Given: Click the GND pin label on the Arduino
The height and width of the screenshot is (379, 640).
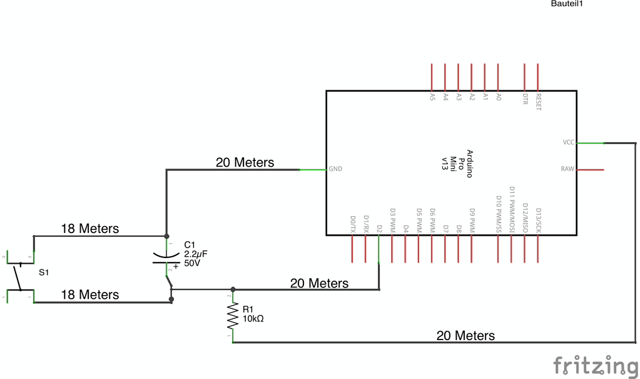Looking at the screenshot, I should point(336,169).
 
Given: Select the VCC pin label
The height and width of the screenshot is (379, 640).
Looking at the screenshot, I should point(567,143).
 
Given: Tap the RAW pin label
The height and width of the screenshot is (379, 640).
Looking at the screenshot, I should point(567,169).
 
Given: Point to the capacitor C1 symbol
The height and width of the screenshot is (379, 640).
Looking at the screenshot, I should point(167,257).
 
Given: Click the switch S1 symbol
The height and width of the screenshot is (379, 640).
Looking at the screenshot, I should point(19,276).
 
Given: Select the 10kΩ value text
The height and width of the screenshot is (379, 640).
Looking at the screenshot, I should point(253,318).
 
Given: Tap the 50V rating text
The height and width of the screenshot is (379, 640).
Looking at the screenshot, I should point(192,264).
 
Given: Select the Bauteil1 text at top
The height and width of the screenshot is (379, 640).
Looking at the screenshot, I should point(567,4).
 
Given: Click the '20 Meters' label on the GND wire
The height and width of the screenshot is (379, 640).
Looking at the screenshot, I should point(245,163).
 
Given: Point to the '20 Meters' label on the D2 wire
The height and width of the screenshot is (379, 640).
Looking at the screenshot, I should point(319,284).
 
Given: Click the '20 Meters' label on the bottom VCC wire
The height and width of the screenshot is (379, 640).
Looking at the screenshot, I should point(465,336).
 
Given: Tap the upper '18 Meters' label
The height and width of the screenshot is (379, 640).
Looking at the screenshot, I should point(89,229).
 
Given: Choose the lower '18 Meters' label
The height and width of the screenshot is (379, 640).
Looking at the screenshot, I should point(89,294).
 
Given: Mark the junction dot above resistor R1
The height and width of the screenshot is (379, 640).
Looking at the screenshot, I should point(233,289).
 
